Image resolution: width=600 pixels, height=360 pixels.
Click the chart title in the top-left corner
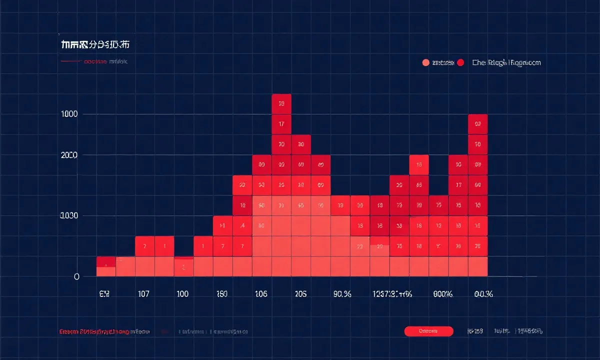95,45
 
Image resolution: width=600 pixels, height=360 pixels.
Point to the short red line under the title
71,62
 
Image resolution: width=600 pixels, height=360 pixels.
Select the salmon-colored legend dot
426,62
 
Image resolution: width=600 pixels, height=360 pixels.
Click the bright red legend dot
460,62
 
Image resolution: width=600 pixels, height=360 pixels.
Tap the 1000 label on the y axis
69,114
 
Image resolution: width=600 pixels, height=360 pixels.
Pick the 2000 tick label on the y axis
69,155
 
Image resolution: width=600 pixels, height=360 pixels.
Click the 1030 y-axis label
69,216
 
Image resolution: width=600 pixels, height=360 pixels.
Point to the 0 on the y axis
76,276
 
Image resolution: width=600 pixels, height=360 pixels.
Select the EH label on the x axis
104,294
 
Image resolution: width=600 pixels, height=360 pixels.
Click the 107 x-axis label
143,294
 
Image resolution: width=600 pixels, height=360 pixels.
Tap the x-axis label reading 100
182,294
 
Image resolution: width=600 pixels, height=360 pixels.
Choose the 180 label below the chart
221,294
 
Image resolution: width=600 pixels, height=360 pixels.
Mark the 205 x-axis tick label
300,294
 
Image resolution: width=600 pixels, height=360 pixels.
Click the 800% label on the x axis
442,294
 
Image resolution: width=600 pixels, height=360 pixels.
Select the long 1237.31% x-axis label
392,294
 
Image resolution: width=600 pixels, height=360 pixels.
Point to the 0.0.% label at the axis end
483,294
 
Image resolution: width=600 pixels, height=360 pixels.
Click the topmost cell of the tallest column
281,104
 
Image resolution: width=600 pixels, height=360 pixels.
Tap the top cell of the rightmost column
478,124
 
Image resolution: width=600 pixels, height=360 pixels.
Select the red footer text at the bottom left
94,331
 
